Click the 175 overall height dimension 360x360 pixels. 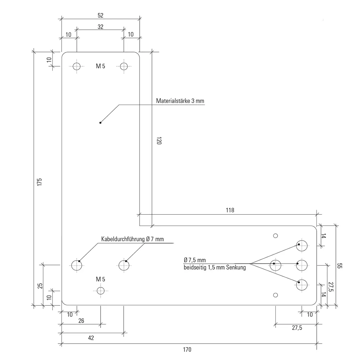tap(39, 182)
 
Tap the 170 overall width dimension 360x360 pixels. tap(187, 350)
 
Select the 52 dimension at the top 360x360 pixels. tap(101, 15)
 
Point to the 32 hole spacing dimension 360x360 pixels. tap(101, 27)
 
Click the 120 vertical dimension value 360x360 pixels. tap(159, 141)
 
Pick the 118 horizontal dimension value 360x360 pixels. tap(230, 210)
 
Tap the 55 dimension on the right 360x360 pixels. tap(340, 266)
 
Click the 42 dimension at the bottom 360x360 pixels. tap(91, 338)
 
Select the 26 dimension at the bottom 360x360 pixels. tap(81, 321)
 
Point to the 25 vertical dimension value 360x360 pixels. tap(40, 286)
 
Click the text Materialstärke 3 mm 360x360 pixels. tap(180, 101)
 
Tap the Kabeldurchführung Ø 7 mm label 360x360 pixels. tap(132, 239)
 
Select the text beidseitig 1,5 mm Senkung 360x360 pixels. tap(215, 267)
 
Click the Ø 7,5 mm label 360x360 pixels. tap(195, 260)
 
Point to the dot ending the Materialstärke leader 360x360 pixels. tap(100, 123)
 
